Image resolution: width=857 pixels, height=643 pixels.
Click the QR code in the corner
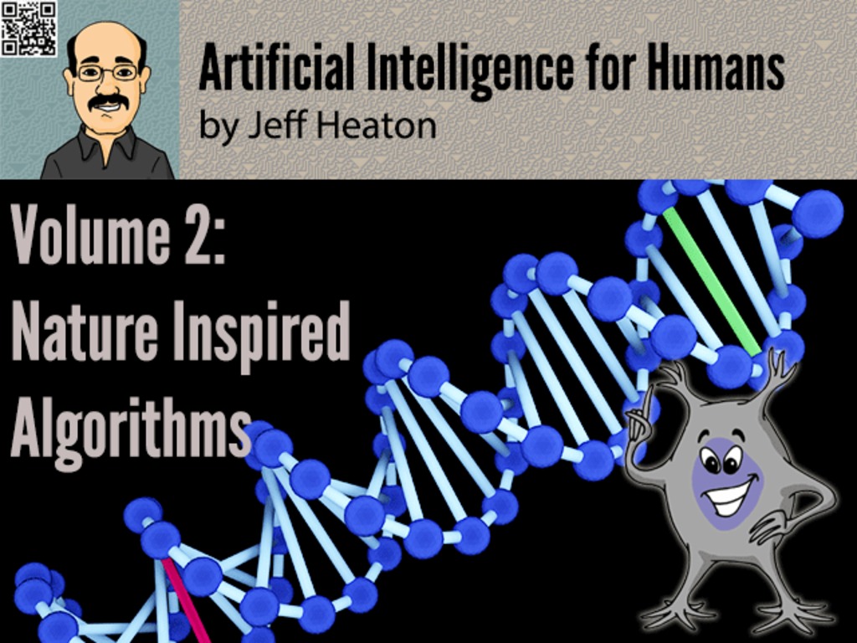[29, 29]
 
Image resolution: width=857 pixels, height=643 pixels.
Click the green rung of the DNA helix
[711, 282]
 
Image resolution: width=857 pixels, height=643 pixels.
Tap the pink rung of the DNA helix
[185, 600]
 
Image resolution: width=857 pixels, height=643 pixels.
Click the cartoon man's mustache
[108, 102]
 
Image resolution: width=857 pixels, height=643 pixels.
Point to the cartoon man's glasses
[107, 72]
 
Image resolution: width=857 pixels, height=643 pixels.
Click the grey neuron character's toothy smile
[730, 496]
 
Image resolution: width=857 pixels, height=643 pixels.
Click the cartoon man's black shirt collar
[107, 143]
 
